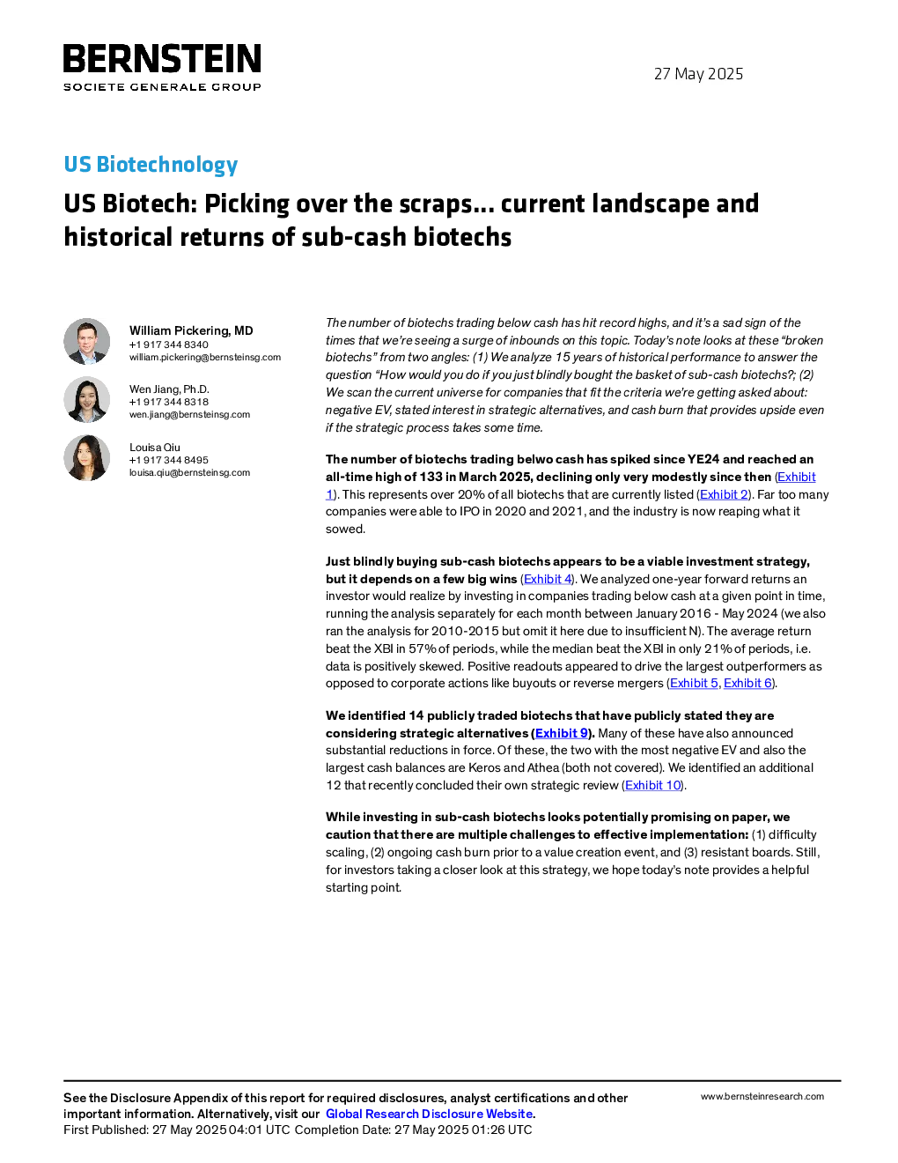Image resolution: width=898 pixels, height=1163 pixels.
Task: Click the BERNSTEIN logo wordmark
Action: (x=162, y=58)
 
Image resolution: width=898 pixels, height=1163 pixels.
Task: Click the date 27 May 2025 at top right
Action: (x=698, y=74)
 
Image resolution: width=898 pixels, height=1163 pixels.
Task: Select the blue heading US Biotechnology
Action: (x=151, y=164)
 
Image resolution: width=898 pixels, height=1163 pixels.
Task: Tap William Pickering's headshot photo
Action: (x=86, y=342)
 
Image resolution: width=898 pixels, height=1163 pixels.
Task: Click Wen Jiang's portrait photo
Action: (x=86, y=399)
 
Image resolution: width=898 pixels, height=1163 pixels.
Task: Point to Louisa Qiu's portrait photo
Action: (x=86, y=457)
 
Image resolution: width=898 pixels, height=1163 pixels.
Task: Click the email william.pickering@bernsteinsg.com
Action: (x=205, y=357)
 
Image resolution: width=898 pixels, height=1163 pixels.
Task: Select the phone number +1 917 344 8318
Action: (x=169, y=402)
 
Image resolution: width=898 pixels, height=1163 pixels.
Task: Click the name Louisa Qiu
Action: (x=155, y=448)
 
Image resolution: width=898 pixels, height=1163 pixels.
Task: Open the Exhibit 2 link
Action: (x=724, y=494)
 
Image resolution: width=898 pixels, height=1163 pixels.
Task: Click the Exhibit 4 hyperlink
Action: (x=548, y=579)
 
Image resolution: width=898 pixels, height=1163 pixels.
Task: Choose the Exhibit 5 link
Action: (x=694, y=684)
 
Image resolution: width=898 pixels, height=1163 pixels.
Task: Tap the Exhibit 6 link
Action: (x=747, y=684)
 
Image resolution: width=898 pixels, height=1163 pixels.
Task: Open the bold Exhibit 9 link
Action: (x=561, y=733)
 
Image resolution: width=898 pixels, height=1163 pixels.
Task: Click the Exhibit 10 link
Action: (x=653, y=785)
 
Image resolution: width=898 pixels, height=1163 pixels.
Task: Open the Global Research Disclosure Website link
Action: (x=430, y=1114)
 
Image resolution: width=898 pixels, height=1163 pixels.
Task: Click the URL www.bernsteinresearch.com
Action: (x=762, y=1097)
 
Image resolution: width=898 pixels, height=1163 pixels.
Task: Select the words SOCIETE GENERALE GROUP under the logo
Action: (x=162, y=86)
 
